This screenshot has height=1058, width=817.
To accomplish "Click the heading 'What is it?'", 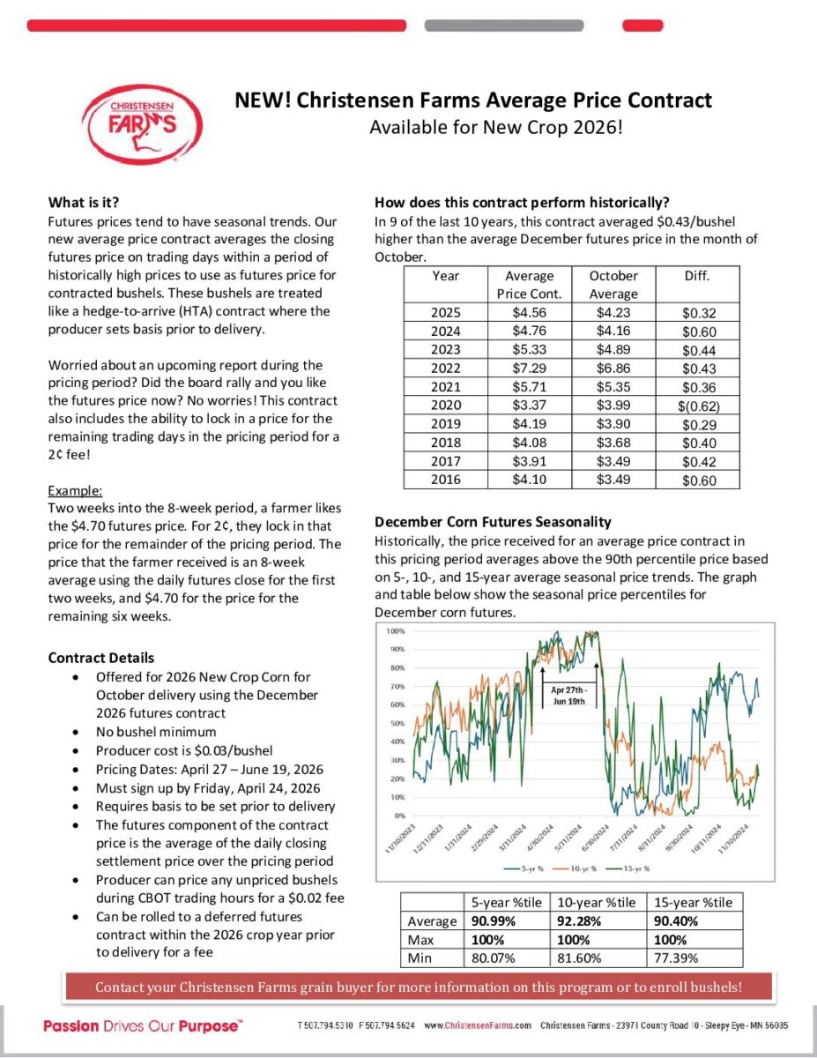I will [x=84, y=202].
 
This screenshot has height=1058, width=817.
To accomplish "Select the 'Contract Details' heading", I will [x=100, y=658].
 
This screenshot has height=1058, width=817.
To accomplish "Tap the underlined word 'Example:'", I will [x=75, y=490].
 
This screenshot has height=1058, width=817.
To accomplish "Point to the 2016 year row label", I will [x=445, y=480].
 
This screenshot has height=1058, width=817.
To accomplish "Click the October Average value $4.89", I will [x=613, y=350].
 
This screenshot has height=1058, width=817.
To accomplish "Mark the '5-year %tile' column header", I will [x=506, y=902].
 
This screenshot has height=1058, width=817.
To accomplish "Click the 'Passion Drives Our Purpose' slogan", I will [x=143, y=1026].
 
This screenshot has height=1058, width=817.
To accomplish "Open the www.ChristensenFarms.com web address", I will [x=478, y=1026].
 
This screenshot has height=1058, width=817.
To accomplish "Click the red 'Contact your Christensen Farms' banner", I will [x=419, y=987].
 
